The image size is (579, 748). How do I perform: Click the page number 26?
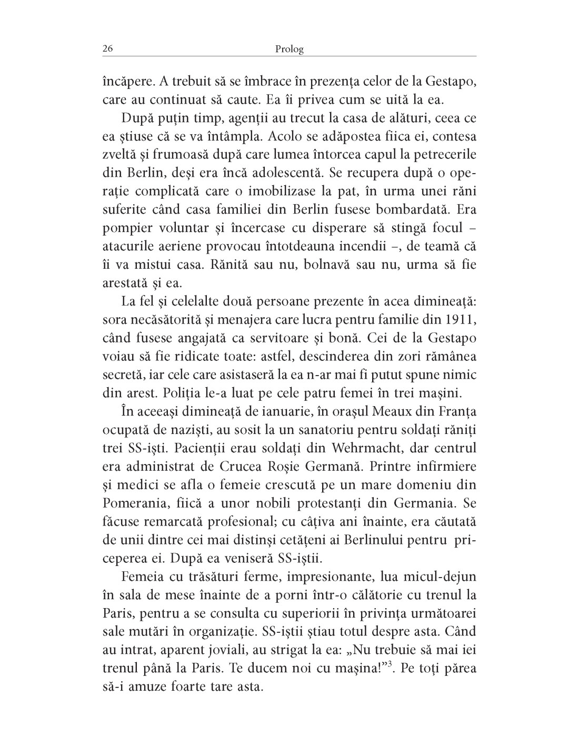click(x=107, y=49)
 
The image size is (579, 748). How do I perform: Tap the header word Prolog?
click(x=289, y=49)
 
